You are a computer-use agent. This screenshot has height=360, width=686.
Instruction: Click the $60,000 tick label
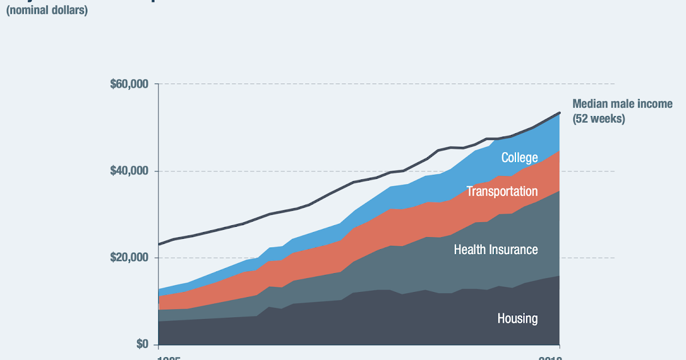point(129,85)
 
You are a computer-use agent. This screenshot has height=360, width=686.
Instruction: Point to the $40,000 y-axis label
point(129,171)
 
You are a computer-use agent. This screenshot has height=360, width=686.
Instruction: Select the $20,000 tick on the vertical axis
point(129,258)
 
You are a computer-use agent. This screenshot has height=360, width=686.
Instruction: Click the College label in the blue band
point(519,158)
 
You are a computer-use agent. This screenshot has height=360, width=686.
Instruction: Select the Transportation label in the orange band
point(502,191)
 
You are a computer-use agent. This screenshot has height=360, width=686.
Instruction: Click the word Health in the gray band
point(472,250)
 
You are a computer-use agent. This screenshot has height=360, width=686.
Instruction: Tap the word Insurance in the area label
point(516,250)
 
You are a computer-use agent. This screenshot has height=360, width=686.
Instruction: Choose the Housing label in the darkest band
point(517,318)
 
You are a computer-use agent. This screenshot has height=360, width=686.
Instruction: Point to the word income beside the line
point(655,104)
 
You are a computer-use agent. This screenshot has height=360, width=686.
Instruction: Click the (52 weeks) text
point(599,119)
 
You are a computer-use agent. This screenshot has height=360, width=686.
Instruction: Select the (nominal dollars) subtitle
point(47,10)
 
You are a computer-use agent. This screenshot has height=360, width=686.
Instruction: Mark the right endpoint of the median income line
point(559,113)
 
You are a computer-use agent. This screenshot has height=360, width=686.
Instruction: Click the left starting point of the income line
point(159,244)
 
